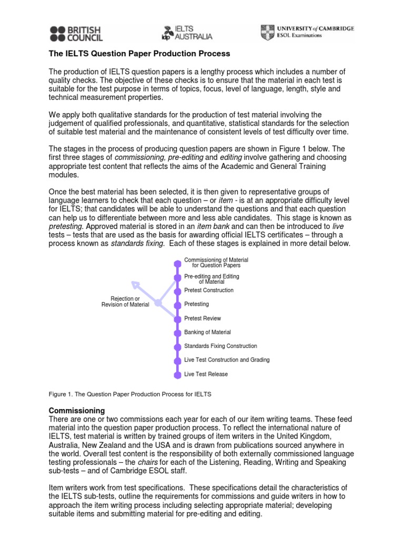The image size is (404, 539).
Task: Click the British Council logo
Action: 76,33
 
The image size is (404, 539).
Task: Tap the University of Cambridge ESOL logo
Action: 307,32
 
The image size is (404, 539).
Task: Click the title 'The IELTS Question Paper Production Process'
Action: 139,54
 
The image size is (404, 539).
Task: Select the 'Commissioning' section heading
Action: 77,410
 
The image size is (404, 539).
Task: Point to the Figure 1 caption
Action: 130,394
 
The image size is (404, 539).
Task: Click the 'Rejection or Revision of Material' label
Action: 125,302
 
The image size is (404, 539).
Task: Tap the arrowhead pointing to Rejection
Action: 136,285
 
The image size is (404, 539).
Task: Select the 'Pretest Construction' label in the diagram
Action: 209,290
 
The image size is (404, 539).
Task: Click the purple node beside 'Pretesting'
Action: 177,304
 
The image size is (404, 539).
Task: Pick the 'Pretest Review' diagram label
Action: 203,318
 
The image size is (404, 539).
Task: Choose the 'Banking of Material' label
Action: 207,332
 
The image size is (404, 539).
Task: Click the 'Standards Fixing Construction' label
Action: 220,346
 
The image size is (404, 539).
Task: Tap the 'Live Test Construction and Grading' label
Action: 227,360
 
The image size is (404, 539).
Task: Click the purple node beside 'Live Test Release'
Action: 177,374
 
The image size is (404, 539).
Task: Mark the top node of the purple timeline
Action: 177,262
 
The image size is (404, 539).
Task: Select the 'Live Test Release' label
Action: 206,374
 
